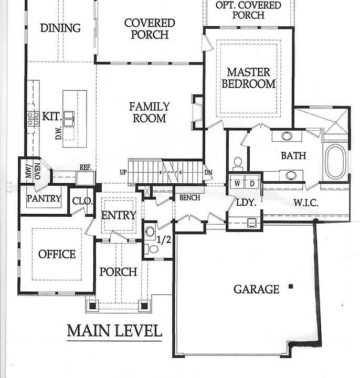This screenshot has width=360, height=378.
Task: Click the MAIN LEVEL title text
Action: tap(114, 331)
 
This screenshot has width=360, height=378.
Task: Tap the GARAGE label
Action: tap(256, 289)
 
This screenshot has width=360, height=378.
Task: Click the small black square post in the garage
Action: tap(290, 287)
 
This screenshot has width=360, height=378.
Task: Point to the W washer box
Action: tap(238, 183)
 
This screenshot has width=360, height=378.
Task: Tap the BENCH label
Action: tap(189, 198)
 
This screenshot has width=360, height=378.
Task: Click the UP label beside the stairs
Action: tap(123, 172)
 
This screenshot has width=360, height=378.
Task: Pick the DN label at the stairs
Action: tap(208, 172)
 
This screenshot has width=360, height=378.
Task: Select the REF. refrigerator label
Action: tap(86, 167)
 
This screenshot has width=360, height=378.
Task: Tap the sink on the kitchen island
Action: tap(69, 116)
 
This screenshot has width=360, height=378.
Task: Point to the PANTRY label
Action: tap(44, 199)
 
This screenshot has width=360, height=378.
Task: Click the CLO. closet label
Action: tap(82, 201)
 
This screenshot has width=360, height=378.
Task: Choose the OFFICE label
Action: tap(57, 254)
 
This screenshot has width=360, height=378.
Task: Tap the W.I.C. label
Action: tap(305, 203)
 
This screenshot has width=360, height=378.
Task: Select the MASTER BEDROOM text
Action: tap(248, 78)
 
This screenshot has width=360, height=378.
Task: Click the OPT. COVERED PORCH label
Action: tap(249, 10)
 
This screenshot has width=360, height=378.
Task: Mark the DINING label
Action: tap(60, 28)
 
